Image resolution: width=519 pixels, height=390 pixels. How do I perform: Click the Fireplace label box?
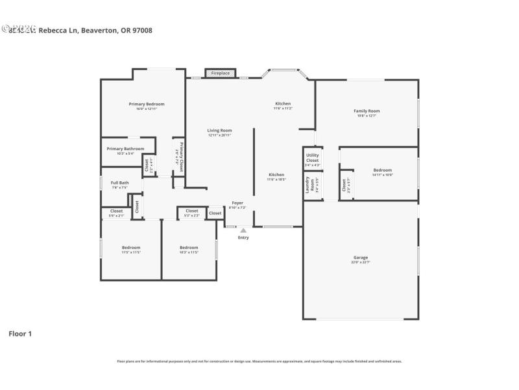point(220,73)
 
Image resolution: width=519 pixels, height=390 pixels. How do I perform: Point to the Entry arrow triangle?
point(243,230)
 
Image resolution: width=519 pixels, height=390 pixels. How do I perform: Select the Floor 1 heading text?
point(19,333)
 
